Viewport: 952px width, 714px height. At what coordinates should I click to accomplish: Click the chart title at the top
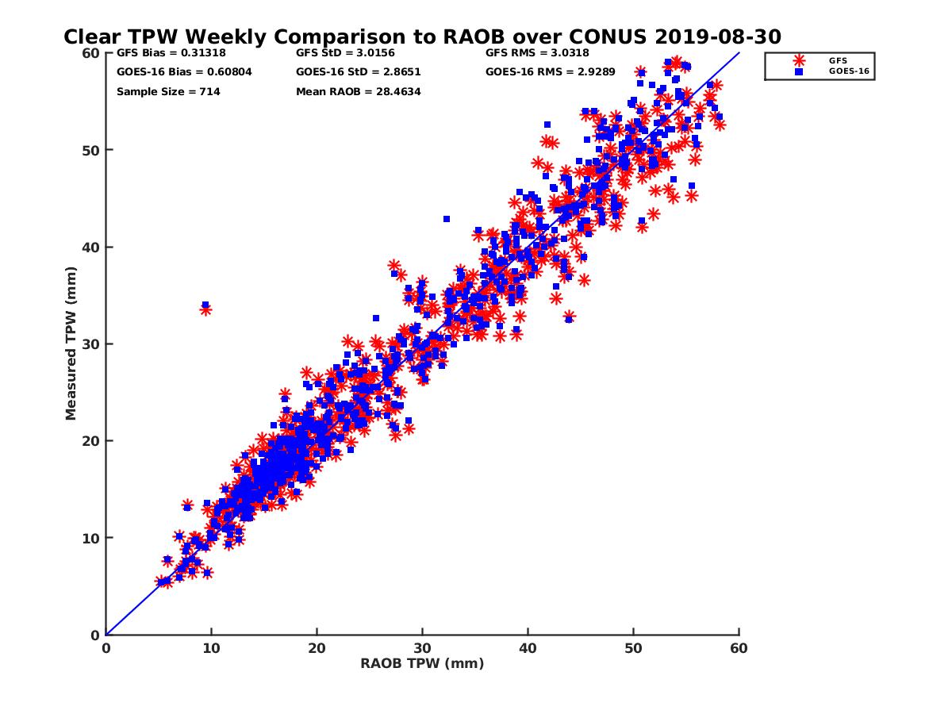pyautogui.click(x=422, y=36)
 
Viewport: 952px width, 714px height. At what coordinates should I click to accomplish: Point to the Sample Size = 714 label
pyautogui.click(x=168, y=91)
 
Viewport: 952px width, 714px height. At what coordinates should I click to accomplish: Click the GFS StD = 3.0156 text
pyautogui.click(x=345, y=54)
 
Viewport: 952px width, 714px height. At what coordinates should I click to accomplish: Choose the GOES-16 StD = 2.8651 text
pyautogui.click(x=358, y=72)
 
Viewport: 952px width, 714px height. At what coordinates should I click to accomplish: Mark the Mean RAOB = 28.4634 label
pyautogui.click(x=358, y=91)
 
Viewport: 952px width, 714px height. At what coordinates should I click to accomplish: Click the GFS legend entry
pyautogui.click(x=837, y=60)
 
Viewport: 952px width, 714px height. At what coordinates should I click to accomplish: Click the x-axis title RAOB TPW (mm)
pyautogui.click(x=422, y=664)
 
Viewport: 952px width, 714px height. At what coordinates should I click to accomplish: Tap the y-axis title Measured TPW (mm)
pyautogui.click(x=71, y=344)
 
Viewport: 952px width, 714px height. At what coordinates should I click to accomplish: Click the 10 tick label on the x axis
pyautogui.click(x=211, y=648)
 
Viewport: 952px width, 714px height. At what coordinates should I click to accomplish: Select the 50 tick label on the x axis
pyautogui.click(x=633, y=648)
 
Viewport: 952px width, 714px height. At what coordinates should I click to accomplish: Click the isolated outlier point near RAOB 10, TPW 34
pyautogui.click(x=205, y=307)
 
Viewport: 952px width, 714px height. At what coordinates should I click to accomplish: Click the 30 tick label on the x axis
pyautogui.click(x=422, y=648)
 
